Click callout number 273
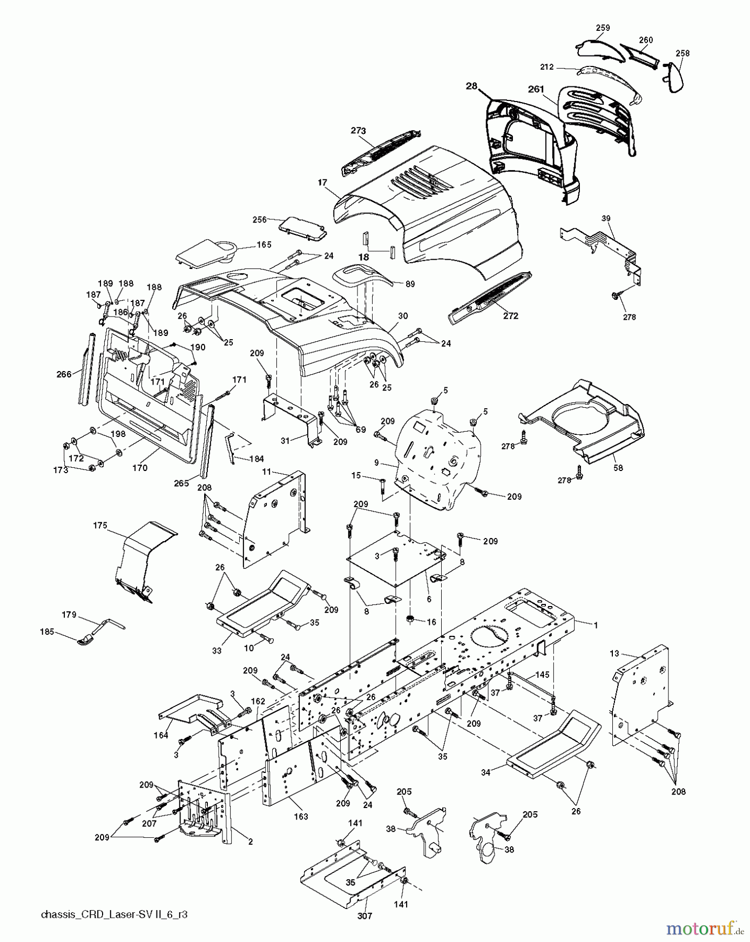(359, 131)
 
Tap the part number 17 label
(322, 183)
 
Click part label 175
(100, 525)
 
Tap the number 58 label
(618, 467)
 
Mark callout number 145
(543, 675)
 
